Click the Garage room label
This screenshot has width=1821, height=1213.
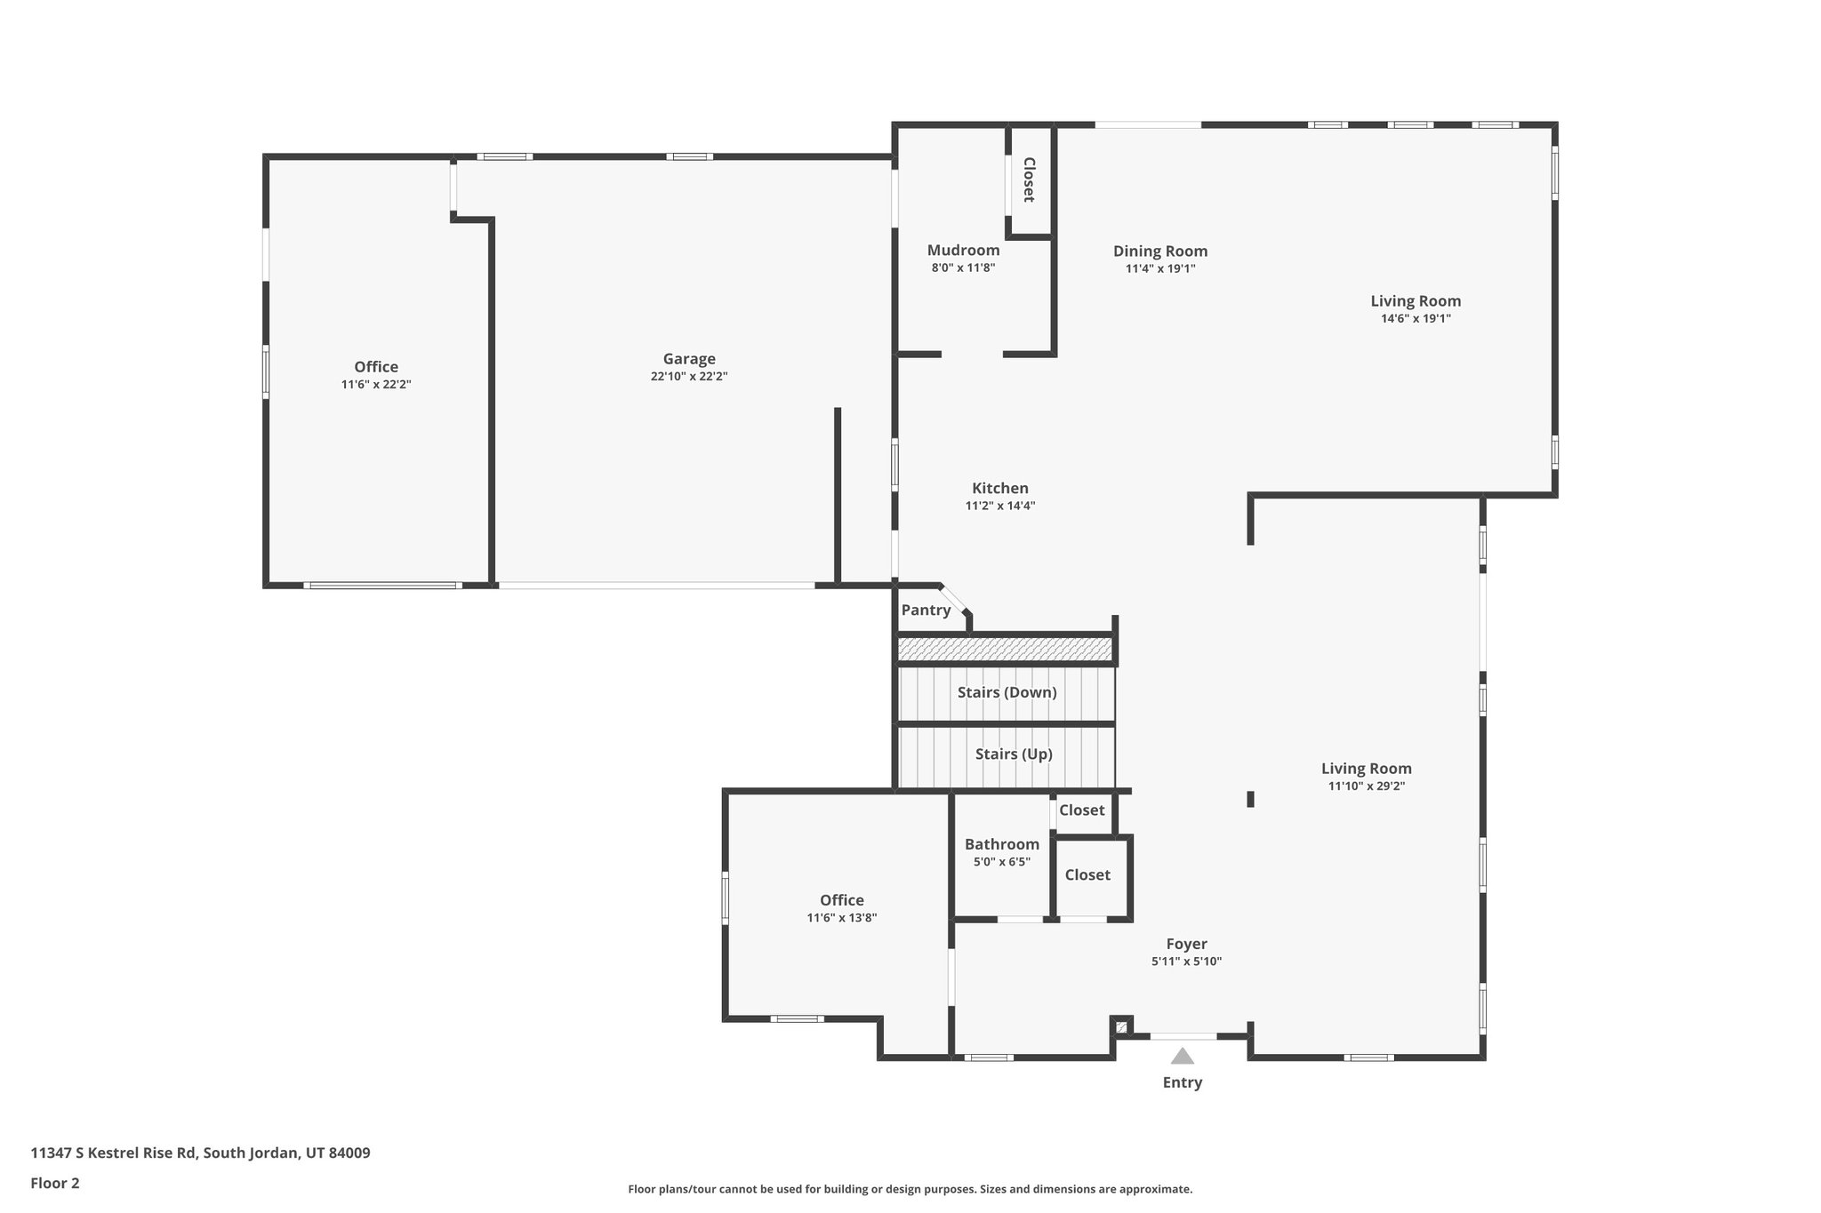pos(689,359)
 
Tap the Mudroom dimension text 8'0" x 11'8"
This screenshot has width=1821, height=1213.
pos(963,267)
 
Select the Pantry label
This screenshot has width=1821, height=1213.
pos(926,610)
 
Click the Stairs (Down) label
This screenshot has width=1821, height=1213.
pos(1007,692)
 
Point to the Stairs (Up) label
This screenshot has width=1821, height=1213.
pos(1014,754)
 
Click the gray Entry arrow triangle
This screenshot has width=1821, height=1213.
pos(1182,1057)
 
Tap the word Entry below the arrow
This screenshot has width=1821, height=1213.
pos(1182,1082)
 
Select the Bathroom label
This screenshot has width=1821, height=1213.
pos(1001,844)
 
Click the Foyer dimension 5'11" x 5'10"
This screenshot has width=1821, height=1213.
pos(1186,962)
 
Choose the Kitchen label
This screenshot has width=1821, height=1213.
pos(999,488)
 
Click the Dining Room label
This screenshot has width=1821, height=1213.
pos(1159,251)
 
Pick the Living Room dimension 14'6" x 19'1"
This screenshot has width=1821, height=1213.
pos(1416,318)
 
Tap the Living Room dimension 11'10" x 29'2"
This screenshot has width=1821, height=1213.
pos(1366,786)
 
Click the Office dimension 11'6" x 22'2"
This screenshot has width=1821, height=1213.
pos(376,385)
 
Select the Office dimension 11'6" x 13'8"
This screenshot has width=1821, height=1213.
pos(841,918)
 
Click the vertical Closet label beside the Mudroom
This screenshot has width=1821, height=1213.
pos(1029,180)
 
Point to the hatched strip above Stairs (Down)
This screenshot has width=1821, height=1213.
pos(1005,650)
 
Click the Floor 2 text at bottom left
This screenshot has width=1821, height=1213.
pos(55,1183)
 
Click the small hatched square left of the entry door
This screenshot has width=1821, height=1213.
pos(1121,1027)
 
